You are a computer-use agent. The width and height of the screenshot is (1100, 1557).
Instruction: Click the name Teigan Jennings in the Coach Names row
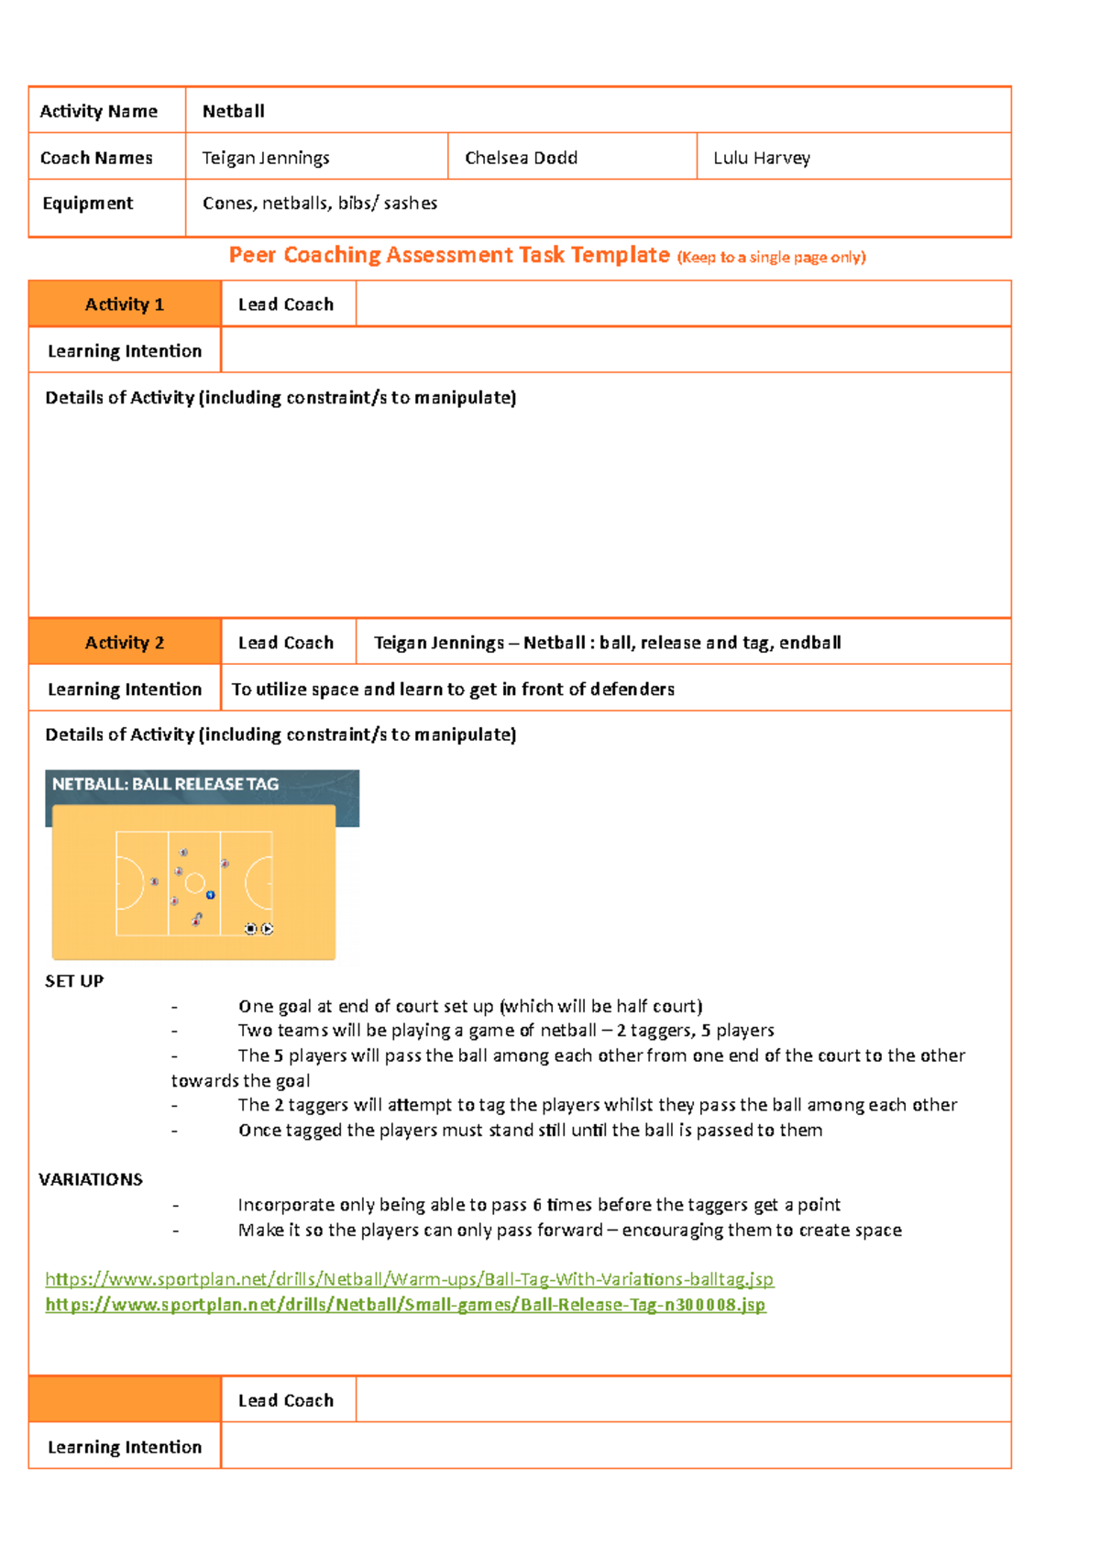coord(266,158)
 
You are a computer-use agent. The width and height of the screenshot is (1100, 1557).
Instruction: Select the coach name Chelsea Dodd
coord(521,158)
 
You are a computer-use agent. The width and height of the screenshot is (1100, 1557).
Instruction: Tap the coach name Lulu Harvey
coord(762,158)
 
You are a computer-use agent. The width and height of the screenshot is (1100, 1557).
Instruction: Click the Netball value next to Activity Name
coord(234,111)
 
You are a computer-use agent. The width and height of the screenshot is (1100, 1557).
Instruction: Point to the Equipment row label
coord(88,203)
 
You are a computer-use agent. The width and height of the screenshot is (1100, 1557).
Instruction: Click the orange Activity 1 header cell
coord(125,304)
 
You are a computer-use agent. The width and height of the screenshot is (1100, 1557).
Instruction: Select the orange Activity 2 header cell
coord(125,643)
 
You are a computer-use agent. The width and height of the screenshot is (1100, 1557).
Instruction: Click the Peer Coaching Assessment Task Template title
coord(449,255)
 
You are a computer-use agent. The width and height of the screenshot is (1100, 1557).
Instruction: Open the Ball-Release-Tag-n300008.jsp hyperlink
coord(405,1304)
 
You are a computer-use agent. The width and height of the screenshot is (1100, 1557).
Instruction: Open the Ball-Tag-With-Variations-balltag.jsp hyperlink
coord(409,1278)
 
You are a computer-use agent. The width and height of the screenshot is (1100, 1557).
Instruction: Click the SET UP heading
coord(74,981)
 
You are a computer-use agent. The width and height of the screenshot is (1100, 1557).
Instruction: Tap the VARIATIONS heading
coord(91,1179)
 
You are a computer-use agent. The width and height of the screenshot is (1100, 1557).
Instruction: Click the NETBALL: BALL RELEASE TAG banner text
coord(165,784)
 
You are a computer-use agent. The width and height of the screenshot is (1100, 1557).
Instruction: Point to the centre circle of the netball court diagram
coord(194,883)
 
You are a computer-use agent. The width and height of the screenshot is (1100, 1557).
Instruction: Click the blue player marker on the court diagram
coord(211,895)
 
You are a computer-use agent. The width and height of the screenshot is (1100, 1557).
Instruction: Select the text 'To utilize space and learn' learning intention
coord(453,689)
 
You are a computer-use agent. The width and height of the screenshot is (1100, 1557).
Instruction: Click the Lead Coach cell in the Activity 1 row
coord(286,304)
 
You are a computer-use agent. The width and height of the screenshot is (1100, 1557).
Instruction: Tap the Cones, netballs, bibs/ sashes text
coord(320,203)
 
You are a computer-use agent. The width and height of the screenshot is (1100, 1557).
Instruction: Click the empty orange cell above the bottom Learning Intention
coord(125,1399)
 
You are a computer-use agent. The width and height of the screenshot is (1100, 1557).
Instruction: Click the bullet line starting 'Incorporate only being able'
coord(539,1205)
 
